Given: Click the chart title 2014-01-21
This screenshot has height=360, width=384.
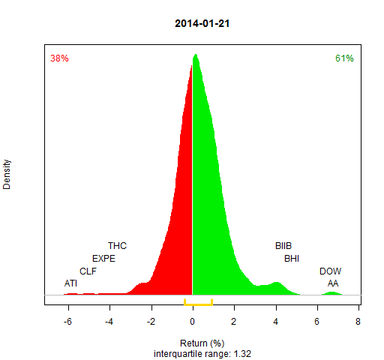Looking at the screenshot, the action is (202, 23).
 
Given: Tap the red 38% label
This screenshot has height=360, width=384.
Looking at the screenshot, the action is (59, 58).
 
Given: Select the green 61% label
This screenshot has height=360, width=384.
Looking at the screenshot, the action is (344, 58).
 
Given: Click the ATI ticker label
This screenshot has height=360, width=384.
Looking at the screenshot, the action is (70, 283).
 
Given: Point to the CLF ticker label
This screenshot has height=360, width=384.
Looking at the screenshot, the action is (88, 271).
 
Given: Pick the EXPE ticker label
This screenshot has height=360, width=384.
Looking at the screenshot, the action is (103, 259).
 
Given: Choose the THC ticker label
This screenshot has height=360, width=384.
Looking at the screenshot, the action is (117, 246).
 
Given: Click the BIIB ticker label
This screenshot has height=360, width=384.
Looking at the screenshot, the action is (283, 246).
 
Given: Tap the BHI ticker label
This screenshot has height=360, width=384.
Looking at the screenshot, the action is (292, 259).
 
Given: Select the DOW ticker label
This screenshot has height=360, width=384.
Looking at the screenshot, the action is (330, 271).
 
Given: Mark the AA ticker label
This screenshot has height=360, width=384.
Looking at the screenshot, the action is (333, 283).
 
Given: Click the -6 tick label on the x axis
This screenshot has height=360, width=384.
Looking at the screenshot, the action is (67, 321).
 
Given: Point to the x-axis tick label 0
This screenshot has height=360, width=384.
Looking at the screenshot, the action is (192, 321).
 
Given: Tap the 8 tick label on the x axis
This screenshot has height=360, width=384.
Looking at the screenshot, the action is (358, 321).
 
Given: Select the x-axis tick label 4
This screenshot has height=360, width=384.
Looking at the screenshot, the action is (275, 321).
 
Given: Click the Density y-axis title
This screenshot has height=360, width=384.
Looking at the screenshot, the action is (7, 175).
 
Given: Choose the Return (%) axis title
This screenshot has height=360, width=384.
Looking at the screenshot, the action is (202, 343).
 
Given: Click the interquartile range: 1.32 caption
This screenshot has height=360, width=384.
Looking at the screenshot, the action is (202, 354).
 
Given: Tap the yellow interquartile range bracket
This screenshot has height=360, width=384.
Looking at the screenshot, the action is (198, 304).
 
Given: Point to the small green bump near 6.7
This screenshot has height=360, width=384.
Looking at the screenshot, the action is (331, 293).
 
